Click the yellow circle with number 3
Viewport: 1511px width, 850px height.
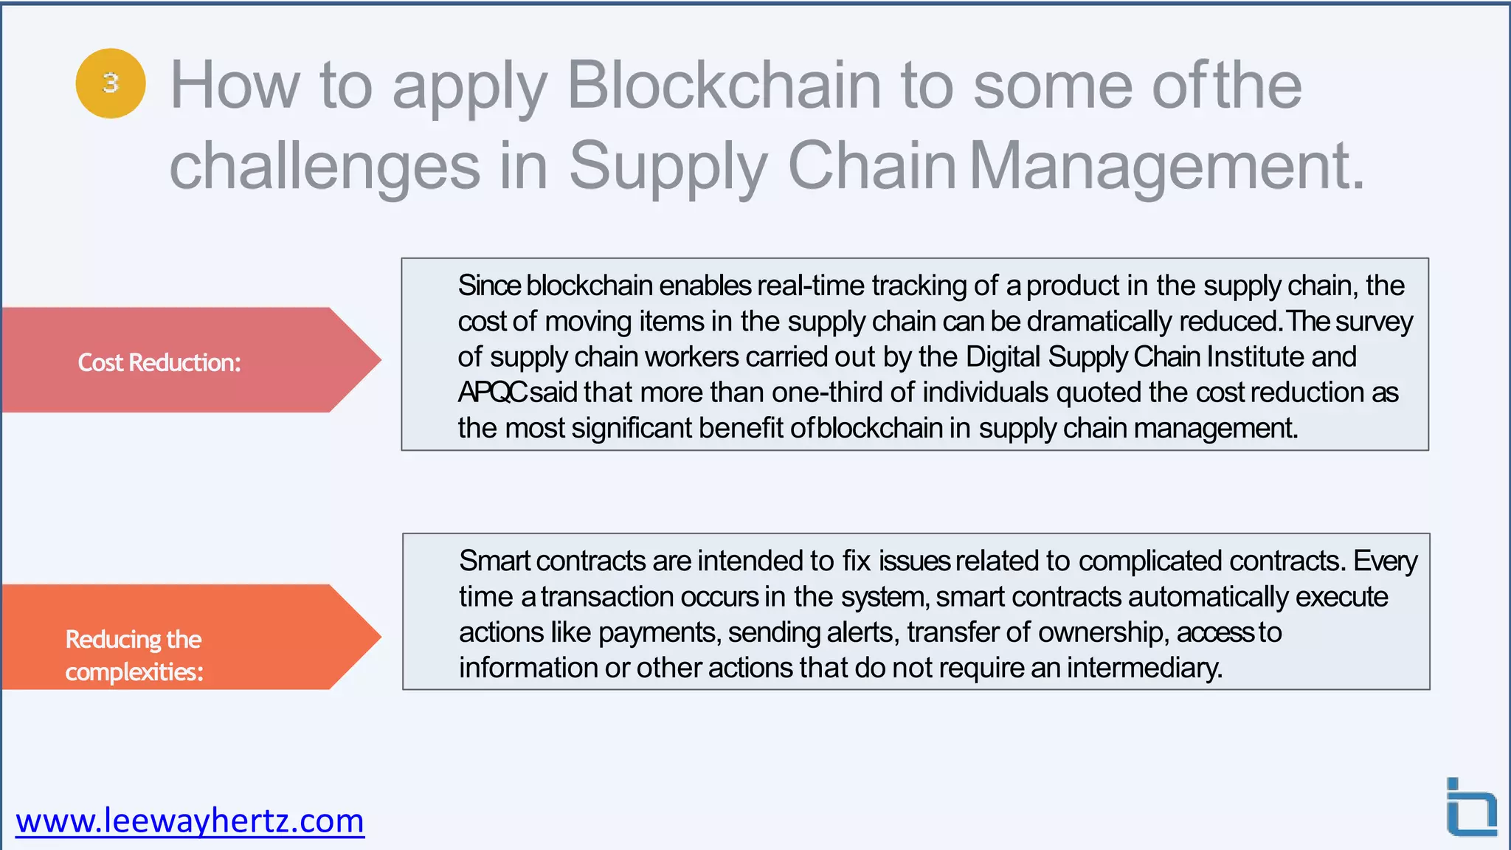111,83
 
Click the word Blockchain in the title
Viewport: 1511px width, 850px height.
724,86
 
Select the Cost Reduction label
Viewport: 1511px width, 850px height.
159,362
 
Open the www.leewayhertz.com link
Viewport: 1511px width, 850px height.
190,820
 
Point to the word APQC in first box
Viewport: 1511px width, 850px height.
492,393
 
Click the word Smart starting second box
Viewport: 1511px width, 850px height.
494,561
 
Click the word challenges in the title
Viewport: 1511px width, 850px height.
325,166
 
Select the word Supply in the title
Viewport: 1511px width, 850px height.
668,166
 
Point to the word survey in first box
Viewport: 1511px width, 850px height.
1374,322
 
